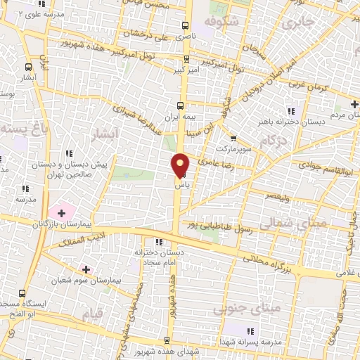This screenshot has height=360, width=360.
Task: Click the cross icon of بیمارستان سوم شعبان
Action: pyautogui.click(x=86, y=269)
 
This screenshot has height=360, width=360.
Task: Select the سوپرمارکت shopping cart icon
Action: pyautogui.click(x=233, y=139)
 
